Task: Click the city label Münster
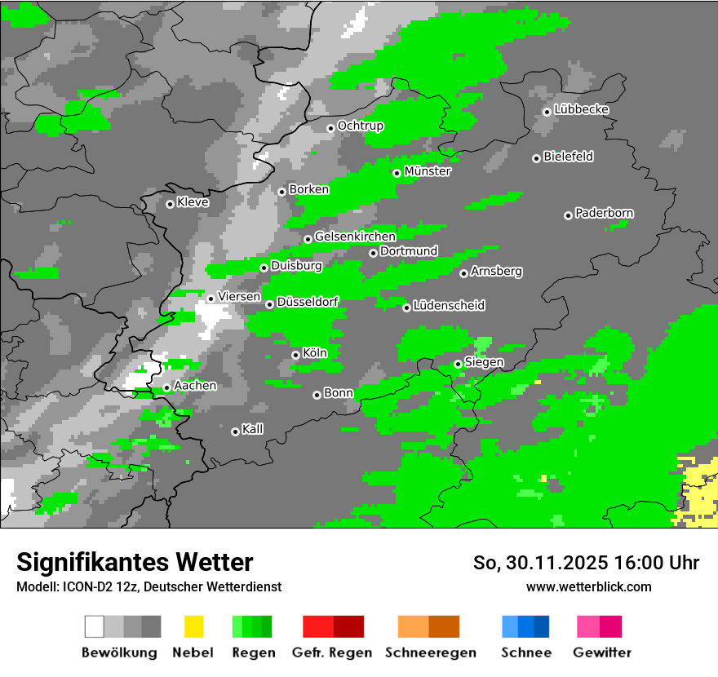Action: [428, 171]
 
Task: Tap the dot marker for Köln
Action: [295, 355]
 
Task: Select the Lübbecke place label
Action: [581, 109]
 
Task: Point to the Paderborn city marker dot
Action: [568, 215]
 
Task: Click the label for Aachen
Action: [195, 385]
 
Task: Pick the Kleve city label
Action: [193, 201]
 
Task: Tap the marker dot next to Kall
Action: [235, 431]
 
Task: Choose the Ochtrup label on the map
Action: [360, 126]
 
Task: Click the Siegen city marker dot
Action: [458, 364]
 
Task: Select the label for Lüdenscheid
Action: [449, 305]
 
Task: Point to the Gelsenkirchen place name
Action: [355, 237]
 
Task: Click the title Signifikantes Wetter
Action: [135, 562]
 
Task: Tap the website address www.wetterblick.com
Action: [588, 586]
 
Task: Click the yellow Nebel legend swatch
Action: [193, 626]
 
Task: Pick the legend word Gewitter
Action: [602, 653]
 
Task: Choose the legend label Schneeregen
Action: [431, 653]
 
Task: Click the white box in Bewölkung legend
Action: [95, 626]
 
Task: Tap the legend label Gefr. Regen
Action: [332, 653]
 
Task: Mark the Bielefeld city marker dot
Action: [536, 158]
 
